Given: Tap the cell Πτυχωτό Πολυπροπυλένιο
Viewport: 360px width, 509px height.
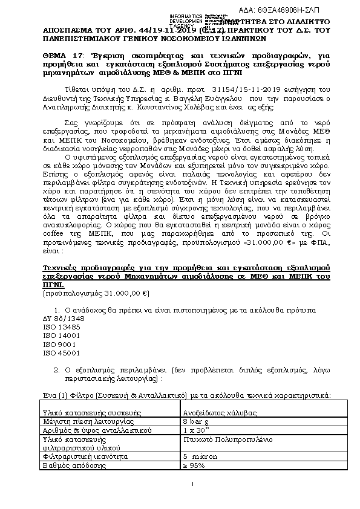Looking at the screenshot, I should pyautogui.click(x=224, y=439).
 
